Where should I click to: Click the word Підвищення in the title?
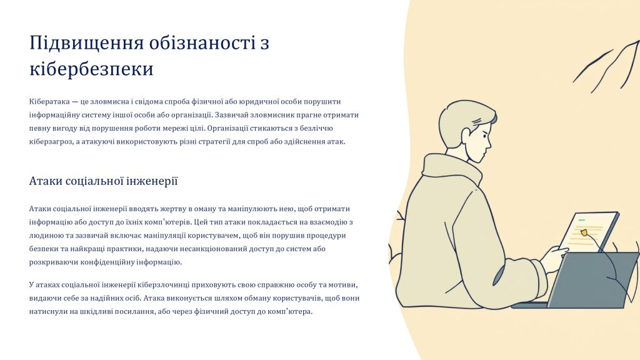pos(86,43)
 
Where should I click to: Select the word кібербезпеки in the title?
pos(91,69)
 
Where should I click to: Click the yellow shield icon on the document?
pos(584,232)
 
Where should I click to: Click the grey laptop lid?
pos(593,279)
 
